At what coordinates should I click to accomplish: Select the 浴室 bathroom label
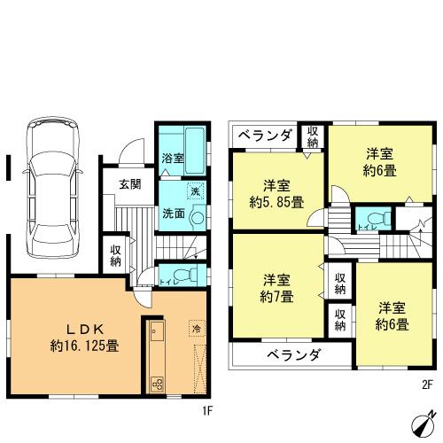pyautogui.click(x=172, y=159)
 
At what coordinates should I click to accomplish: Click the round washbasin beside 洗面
pyautogui.click(x=198, y=214)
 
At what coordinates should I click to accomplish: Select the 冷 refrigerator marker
pyautogui.click(x=195, y=329)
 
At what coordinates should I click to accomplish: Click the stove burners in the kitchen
pyautogui.click(x=157, y=383)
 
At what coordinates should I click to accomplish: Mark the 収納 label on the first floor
pyautogui.click(x=116, y=256)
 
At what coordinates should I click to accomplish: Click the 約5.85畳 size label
pyautogui.click(x=271, y=202)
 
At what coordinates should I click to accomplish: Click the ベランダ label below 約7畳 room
pyautogui.click(x=293, y=355)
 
